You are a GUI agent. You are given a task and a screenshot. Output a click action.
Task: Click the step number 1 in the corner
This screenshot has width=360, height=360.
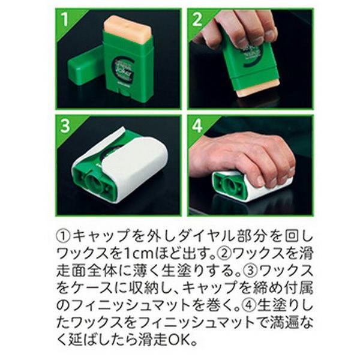pos(65,19)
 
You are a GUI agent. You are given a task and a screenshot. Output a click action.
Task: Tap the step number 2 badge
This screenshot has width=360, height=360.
pos(197,19)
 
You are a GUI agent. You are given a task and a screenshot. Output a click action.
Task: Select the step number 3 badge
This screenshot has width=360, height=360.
pos(65,125)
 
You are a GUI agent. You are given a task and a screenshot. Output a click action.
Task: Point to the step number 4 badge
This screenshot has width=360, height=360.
pos(197,125)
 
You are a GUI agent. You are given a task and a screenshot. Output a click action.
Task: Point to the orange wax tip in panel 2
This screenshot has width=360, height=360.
pos(257,90)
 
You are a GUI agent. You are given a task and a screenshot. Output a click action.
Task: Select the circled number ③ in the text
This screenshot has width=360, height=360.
pos(251,271)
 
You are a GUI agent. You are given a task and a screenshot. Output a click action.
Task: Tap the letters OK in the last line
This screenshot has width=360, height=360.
pos(178,340)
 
